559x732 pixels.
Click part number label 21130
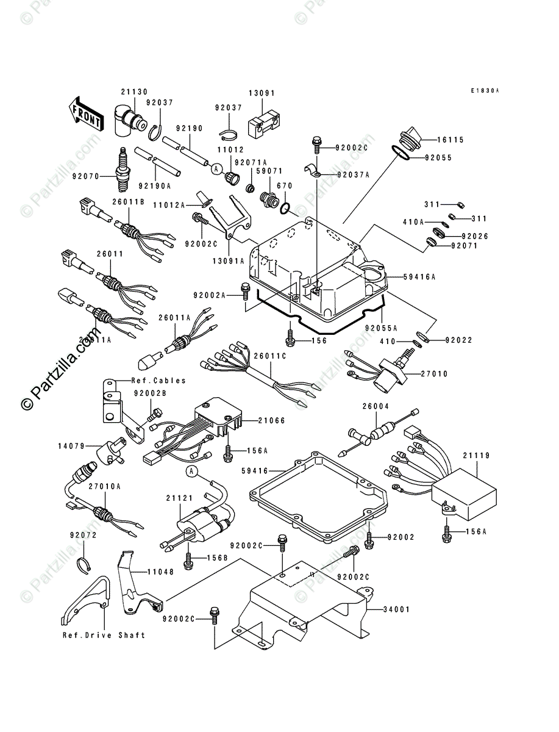(x=134, y=91)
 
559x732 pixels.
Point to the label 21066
(x=272, y=420)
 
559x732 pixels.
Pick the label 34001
(x=395, y=609)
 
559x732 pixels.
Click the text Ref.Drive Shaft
(x=104, y=635)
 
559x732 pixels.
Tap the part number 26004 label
(x=376, y=406)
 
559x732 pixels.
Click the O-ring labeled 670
(x=285, y=209)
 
